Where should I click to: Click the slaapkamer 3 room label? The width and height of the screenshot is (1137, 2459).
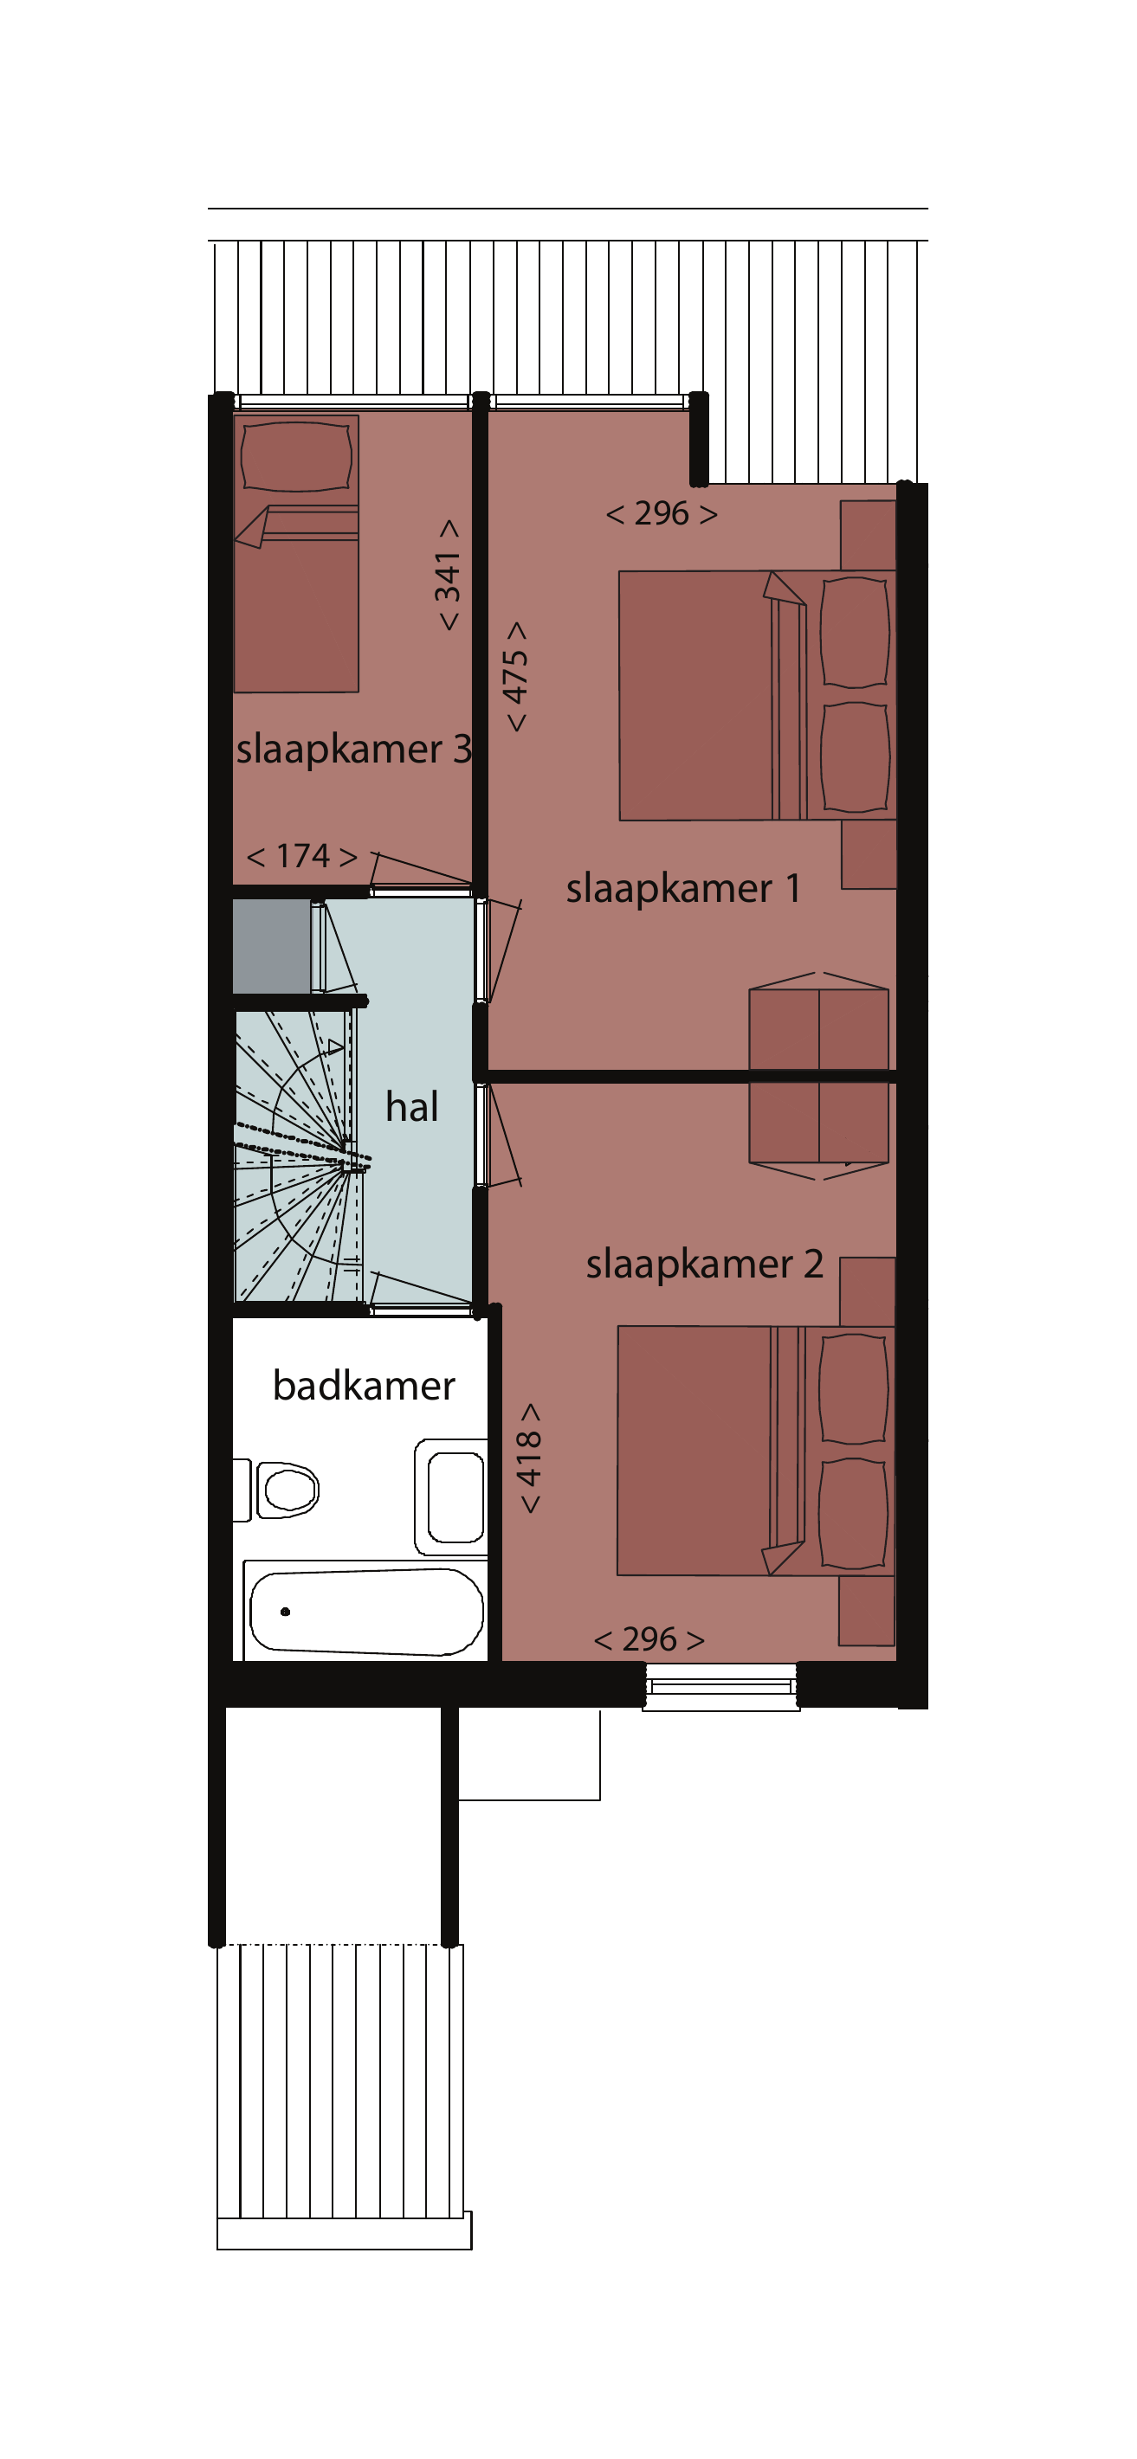(x=354, y=750)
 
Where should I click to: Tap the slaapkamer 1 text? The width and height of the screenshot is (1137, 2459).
(x=682, y=890)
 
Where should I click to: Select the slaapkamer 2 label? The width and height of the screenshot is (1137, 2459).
(x=705, y=1265)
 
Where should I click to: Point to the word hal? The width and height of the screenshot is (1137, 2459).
(x=411, y=1106)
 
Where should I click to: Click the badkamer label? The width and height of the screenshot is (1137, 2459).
(x=364, y=1385)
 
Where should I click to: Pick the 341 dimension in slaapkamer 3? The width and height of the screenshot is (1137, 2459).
(x=448, y=576)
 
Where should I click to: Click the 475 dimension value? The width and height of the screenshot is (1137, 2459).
(x=514, y=677)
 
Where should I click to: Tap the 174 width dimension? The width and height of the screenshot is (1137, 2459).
(x=302, y=856)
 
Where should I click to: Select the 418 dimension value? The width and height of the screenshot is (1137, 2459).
(x=528, y=1458)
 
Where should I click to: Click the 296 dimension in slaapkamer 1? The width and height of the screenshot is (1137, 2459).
(x=662, y=513)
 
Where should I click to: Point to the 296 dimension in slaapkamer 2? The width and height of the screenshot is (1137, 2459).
(x=649, y=1639)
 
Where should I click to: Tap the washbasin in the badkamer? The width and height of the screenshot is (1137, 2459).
(x=451, y=1497)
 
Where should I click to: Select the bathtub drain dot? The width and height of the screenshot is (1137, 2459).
(x=286, y=1612)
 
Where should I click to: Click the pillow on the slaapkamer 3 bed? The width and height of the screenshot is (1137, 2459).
(x=297, y=457)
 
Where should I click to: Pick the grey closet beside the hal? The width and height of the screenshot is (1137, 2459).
(x=272, y=946)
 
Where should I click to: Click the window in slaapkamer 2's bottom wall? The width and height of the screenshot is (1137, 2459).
(x=720, y=1687)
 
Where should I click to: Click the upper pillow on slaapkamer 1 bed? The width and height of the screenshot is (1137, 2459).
(x=856, y=631)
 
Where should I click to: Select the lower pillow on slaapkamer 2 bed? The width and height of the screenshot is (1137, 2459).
(x=854, y=1513)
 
